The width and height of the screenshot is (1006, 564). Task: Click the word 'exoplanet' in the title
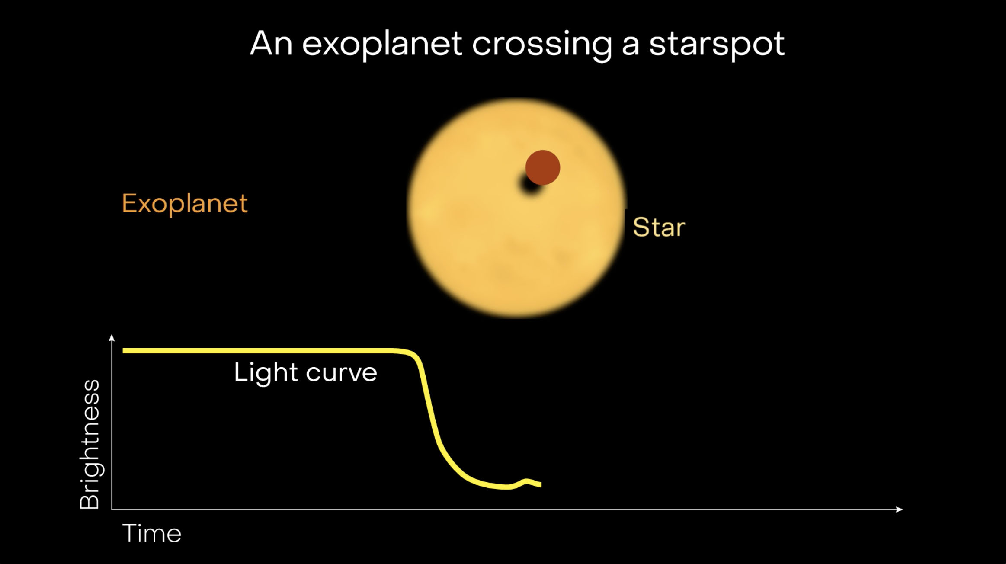point(382,45)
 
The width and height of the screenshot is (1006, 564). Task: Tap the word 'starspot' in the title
point(717,45)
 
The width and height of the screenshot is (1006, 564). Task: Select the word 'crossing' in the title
point(542,45)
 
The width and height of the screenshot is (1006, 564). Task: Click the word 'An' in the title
point(272,43)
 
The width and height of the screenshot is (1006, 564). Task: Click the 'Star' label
point(659,227)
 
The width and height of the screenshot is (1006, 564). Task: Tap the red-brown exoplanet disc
point(543,167)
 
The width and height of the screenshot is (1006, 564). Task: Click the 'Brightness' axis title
point(90,444)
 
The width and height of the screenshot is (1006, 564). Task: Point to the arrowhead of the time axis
point(900,509)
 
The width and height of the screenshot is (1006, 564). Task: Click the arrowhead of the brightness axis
point(112,337)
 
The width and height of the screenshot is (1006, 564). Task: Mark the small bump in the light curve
point(526,481)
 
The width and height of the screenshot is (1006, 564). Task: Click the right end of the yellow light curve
point(541,485)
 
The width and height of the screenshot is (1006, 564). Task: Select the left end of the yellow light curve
point(124,351)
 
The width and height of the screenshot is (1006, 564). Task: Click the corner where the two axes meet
point(112,509)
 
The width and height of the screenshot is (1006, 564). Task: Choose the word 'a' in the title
point(631,47)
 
